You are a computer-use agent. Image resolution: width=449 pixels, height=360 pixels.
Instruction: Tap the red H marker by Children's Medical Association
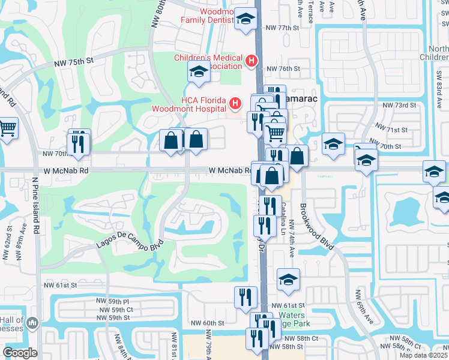252,61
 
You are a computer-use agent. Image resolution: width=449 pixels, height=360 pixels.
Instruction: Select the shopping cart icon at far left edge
7,127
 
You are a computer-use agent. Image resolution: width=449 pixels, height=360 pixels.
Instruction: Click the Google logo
20,353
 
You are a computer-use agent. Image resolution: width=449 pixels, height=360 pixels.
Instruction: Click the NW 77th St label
282,28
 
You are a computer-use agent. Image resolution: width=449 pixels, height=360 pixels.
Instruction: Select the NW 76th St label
282,69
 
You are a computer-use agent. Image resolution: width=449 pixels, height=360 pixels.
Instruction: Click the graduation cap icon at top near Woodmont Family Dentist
245,19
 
